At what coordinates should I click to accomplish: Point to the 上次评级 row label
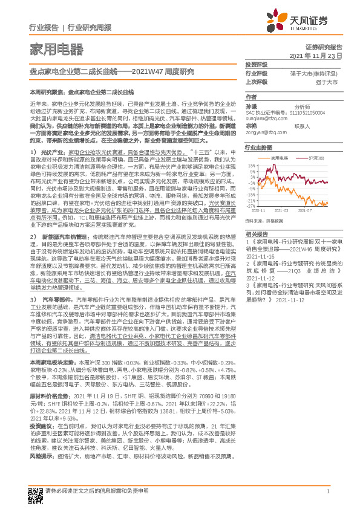click(257, 81)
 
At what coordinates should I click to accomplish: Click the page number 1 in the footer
click(326, 493)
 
